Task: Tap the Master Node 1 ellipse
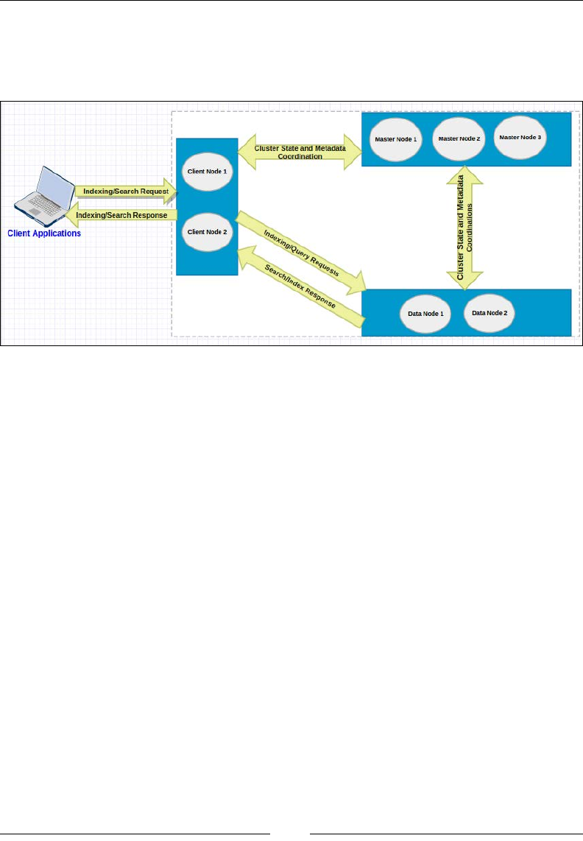tap(395, 140)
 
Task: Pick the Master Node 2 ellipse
tap(458, 138)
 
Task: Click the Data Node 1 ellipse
tap(425, 313)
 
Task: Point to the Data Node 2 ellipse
tap(490, 312)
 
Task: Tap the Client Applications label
tap(44, 233)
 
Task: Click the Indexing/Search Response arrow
tap(125, 215)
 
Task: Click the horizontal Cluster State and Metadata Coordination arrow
tap(300, 151)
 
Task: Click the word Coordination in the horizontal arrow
tap(300, 155)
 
